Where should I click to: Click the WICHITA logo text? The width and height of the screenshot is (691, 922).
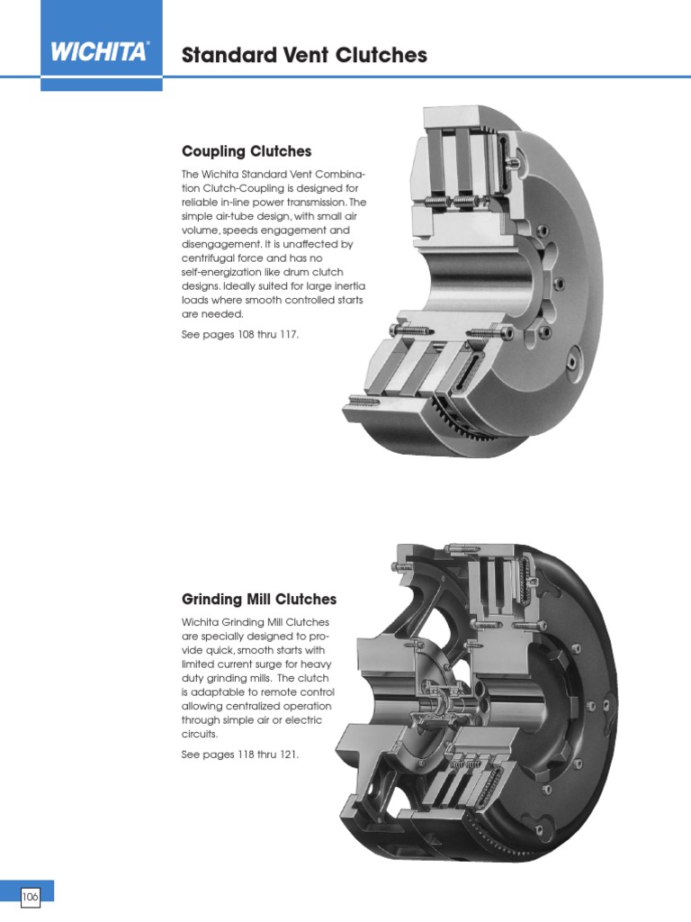pyautogui.click(x=98, y=51)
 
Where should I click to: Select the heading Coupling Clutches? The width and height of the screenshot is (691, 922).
pyautogui.click(x=247, y=151)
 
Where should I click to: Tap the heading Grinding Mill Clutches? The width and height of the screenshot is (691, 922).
pyautogui.click(x=259, y=599)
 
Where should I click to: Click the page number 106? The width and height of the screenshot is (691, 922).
pyautogui.click(x=30, y=897)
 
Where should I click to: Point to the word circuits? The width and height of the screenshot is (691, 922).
pyautogui.click(x=199, y=735)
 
